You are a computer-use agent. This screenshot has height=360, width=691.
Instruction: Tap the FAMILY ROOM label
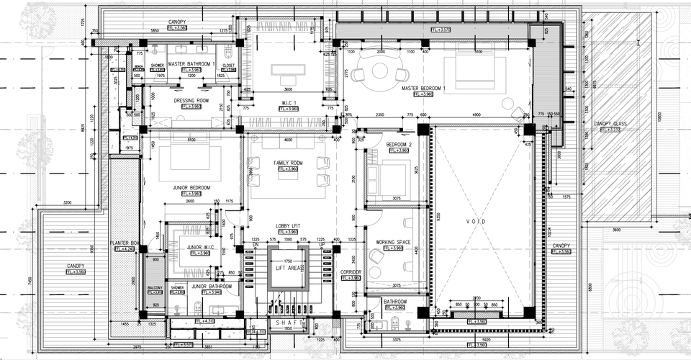(288, 163)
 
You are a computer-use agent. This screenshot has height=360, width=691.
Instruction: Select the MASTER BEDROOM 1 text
(428, 88)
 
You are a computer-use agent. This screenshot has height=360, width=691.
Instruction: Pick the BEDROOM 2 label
(398, 145)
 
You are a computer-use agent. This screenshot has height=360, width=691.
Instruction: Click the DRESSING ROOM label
(191, 100)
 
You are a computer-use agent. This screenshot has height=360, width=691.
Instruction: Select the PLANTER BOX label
(123, 243)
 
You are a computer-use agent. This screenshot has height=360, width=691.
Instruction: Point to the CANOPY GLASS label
(610, 124)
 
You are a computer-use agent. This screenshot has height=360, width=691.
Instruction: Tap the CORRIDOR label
(351, 271)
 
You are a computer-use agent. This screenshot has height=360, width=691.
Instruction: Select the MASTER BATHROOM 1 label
(191, 64)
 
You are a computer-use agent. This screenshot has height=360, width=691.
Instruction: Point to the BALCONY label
(155, 287)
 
